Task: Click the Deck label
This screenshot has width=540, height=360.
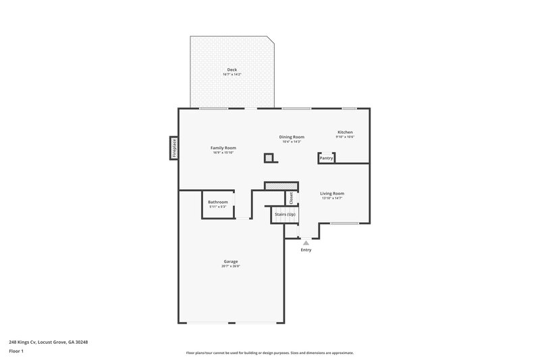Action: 232,70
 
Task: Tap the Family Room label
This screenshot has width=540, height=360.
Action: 223,147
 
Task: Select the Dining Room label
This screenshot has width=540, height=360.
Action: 292,136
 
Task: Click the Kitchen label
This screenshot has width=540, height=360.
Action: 345,132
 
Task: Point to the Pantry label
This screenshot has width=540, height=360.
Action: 326,158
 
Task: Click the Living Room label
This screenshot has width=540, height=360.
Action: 332,193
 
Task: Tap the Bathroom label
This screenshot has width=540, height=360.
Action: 217,202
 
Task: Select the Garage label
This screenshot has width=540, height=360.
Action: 231,261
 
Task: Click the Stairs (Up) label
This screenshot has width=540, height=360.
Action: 285,215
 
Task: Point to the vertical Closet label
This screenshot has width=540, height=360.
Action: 292,198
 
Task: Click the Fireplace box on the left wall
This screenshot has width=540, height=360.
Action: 173,148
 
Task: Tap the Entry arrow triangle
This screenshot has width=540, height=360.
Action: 306,242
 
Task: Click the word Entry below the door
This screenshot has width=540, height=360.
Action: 306,250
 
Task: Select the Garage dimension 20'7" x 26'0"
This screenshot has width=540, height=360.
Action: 231,266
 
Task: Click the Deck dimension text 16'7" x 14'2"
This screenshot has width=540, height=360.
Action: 232,74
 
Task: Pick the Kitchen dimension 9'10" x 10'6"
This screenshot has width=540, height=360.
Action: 345,137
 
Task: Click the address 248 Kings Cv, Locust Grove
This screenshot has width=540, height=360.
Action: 48,342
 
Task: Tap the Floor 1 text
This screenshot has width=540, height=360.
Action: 17,351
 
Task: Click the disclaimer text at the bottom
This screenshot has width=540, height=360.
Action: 269,353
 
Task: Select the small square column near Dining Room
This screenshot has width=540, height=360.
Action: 269,158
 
